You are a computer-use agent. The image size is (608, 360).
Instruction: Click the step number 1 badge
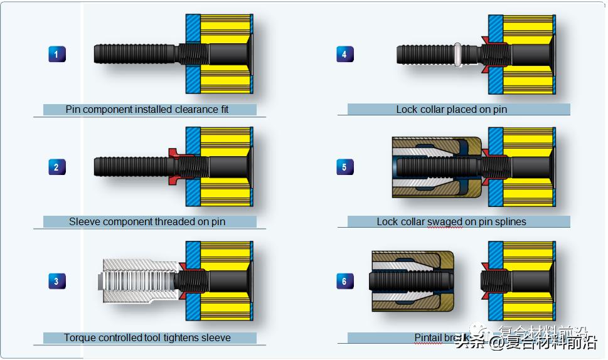(56, 54)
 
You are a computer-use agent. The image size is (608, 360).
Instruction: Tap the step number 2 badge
(56, 167)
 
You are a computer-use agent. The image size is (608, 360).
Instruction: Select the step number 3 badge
(56, 281)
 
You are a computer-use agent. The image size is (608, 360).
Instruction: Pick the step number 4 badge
(344, 54)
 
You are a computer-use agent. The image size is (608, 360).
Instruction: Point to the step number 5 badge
(344, 167)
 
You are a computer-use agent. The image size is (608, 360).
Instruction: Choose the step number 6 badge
(344, 281)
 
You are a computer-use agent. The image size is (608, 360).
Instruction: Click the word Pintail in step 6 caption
(429, 337)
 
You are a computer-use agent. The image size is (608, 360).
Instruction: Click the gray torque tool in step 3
(138, 281)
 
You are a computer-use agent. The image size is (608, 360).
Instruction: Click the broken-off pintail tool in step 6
(411, 281)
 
